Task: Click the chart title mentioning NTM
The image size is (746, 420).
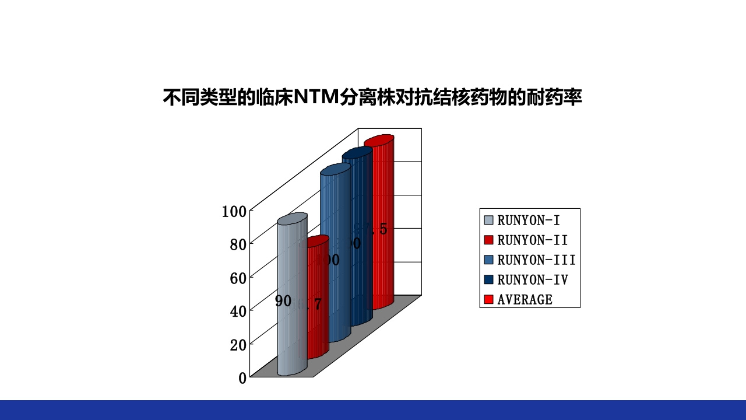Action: click(x=372, y=97)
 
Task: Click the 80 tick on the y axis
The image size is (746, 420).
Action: click(x=238, y=244)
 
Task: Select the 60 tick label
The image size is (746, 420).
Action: click(x=238, y=278)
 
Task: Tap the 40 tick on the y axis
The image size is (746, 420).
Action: click(x=238, y=311)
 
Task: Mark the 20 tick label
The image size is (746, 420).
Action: click(x=238, y=344)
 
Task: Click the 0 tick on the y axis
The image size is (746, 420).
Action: click(x=242, y=377)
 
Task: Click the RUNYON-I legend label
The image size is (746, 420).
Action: click(x=529, y=220)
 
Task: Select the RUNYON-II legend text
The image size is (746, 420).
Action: click(x=532, y=240)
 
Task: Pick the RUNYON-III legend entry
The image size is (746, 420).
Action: click(x=536, y=260)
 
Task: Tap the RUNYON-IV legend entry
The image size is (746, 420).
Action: click(x=532, y=279)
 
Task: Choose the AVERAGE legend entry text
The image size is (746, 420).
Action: click(x=525, y=299)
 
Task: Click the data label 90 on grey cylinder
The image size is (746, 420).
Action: click(x=283, y=301)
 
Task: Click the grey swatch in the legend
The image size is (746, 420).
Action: click(x=488, y=220)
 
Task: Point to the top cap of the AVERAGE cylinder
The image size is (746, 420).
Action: click(x=379, y=141)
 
